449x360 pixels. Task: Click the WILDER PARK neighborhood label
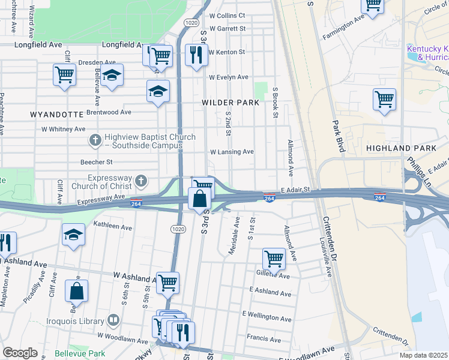(x=231, y=103)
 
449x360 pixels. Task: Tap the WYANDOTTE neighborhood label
(x=56, y=113)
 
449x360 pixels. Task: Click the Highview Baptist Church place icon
(x=94, y=141)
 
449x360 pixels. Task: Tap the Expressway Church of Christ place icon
(x=140, y=181)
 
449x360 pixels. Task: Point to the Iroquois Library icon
(x=113, y=320)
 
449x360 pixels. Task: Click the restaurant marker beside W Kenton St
(x=196, y=56)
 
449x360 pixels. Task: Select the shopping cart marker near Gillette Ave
(x=274, y=259)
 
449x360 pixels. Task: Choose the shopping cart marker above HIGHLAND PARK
(x=384, y=99)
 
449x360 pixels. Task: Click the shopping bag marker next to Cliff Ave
(x=76, y=291)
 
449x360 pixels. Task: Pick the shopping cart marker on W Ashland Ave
(x=167, y=282)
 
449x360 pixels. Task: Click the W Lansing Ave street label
(x=231, y=152)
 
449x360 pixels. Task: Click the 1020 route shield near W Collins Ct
(x=191, y=22)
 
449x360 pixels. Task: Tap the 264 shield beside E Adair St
(x=270, y=197)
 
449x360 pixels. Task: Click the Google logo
(x=20, y=352)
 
